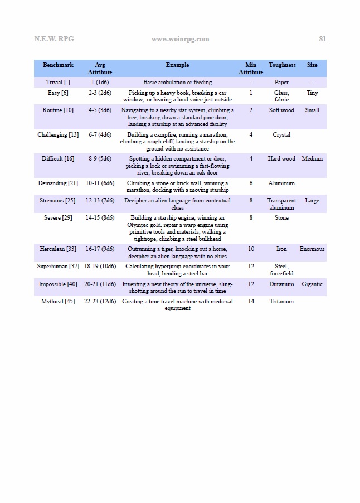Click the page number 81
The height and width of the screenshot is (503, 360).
click(x=322, y=39)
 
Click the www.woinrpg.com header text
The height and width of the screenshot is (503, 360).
click(x=180, y=39)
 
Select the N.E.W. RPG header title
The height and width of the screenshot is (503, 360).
click(x=53, y=39)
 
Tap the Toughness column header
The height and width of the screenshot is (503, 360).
click(x=282, y=65)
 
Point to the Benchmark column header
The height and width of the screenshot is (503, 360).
click(x=58, y=65)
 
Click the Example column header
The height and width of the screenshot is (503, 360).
click(x=177, y=65)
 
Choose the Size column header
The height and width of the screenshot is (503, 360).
click(x=312, y=65)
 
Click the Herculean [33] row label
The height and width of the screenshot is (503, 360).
click(x=58, y=249)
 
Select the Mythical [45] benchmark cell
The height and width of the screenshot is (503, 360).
click(x=58, y=302)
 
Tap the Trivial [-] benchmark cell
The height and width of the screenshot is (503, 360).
click(x=58, y=83)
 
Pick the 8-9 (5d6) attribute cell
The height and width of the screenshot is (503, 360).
click(x=100, y=159)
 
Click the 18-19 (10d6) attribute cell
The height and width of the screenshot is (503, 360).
click(x=100, y=267)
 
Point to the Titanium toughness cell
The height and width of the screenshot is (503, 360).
click(x=281, y=302)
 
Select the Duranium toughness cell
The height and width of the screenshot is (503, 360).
click(x=281, y=284)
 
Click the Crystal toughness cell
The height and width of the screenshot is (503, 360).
click(x=281, y=135)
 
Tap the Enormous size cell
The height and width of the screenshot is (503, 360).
click(x=312, y=249)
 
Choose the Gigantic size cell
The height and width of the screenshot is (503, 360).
click(x=312, y=284)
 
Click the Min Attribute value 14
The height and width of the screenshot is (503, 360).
click(x=251, y=302)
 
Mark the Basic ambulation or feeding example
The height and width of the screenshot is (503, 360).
click(x=177, y=83)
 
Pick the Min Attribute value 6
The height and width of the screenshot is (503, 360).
click(x=251, y=183)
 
